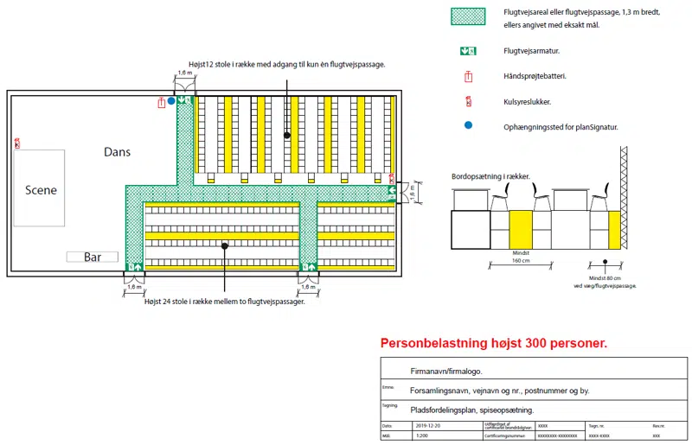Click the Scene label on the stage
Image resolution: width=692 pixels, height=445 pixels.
tap(41, 190)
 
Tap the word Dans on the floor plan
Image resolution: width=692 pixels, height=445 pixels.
tap(118, 151)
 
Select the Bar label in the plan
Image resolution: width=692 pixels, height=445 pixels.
tap(93, 257)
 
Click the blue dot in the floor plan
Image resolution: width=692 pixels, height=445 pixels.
tap(171, 101)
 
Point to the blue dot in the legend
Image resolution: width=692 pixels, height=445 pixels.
tap(468, 125)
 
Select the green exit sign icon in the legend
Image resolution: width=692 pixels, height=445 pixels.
tap(468, 51)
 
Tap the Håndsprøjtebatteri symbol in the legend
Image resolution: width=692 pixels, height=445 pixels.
tap(468, 76)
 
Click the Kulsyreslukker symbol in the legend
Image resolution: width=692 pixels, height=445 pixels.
tap(468, 101)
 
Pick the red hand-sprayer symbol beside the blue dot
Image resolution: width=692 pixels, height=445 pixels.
tap(161, 102)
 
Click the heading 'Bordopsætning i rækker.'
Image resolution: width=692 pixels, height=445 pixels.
tap(490, 176)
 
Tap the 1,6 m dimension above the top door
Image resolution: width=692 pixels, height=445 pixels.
tap(185, 73)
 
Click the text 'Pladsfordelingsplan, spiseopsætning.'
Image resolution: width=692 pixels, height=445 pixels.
tap(471, 410)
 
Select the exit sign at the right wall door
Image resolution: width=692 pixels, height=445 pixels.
tap(392, 190)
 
